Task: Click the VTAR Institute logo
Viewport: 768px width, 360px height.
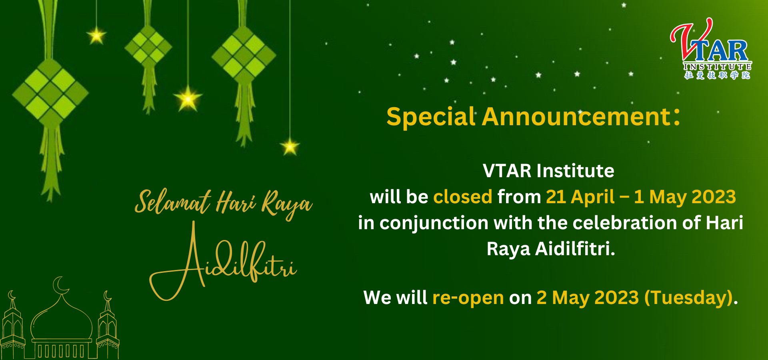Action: click(x=711, y=48)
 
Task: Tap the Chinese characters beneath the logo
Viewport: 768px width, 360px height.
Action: click(x=717, y=75)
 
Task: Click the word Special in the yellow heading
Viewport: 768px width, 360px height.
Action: click(x=431, y=117)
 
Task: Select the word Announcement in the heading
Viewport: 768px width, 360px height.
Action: click(x=576, y=117)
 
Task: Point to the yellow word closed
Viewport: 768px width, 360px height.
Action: click(x=462, y=197)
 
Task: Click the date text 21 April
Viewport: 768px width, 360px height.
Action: click(x=580, y=197)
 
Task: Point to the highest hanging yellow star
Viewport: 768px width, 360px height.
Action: click(x=96, y=36)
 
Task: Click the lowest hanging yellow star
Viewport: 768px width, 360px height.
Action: click(x=290, y=146)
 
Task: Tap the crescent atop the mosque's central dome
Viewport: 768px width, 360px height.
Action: click(x=59, y=284)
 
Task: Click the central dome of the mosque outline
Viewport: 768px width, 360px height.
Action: click(x=62, y=318)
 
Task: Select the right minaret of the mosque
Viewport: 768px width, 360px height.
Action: click(x=108, y=326)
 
